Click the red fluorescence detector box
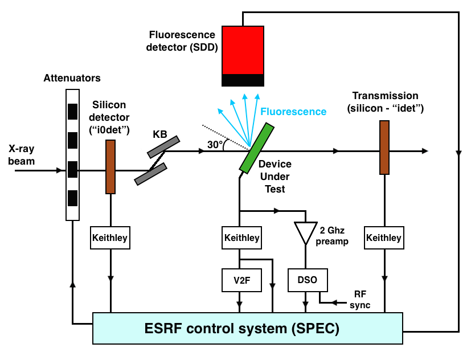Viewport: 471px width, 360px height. [243, 50]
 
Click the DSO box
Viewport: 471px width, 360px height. [307, 279]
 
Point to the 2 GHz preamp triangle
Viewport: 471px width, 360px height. [306, 231]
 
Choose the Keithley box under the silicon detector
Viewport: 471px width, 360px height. [110, 237]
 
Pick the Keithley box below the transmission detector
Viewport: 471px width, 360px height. [383, 237]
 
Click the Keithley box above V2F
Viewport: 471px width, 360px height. [241, 237]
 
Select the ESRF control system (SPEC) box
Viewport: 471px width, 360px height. [247, 328]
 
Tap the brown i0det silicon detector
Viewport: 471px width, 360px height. [110, 166]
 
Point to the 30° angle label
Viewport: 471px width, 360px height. [215, 145]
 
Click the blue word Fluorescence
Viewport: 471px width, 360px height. [293, 112]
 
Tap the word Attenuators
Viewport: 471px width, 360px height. [72, 78]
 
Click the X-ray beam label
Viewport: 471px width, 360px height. [22, 156]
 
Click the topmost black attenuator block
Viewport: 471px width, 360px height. [72, 111]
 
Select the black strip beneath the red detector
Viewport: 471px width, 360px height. [243, 80]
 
